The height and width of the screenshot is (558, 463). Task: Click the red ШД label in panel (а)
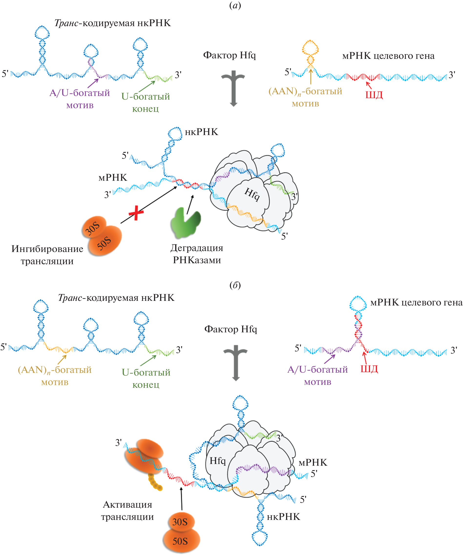pyautogui.click(x=374, y=95)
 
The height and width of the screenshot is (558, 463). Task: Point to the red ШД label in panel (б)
pyautogui.click(x=369, y=369)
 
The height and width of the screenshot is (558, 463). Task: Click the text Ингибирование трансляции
pyautogui.click(x=47, y=255)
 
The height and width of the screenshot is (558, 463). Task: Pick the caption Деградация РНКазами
pyautogui.click(x=196, y=254)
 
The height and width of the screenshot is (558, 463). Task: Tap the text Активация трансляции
pyautogui.click(x=127, y=510)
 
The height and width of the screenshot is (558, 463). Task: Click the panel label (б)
pyautogui.click(x=235, y=285)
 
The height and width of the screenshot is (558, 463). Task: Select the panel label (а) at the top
pyautogui.click(x=235, y=5)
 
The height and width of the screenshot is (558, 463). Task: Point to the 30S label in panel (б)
pyautogui.click(x=180, y=522)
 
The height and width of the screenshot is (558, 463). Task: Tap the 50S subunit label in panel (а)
pyautogui.click(x=104, y=243)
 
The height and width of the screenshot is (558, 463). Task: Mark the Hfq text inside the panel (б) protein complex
pyautogui.click(x=217, y=461)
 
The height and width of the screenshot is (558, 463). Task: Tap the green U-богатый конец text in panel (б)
pyautogui.click(x=146, y=378)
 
